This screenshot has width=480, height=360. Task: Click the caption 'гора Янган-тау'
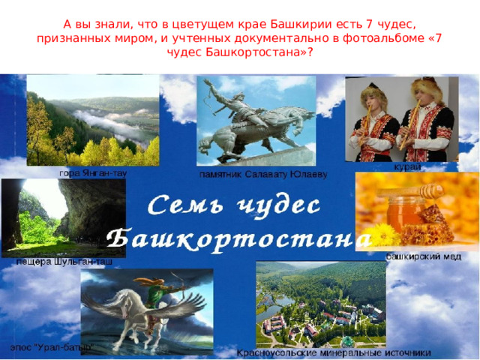click(x=93, y=174)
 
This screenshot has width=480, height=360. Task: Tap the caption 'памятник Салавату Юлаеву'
click(x=263, y=175)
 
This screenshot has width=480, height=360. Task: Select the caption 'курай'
click(x=407, y=166)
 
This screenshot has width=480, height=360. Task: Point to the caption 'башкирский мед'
click(x=423, y=256)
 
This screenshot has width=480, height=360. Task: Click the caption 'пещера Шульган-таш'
click(x=64, y=262)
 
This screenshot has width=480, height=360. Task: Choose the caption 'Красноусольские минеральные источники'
click(x=334, y=353)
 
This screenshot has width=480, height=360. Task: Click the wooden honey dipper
click(x=411, y=191)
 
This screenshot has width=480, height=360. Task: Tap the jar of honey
click(x=406, y=214)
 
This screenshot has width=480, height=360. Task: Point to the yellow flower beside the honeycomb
click(x=382, y=235)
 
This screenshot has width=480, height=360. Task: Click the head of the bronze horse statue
click(x=305, y=115)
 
